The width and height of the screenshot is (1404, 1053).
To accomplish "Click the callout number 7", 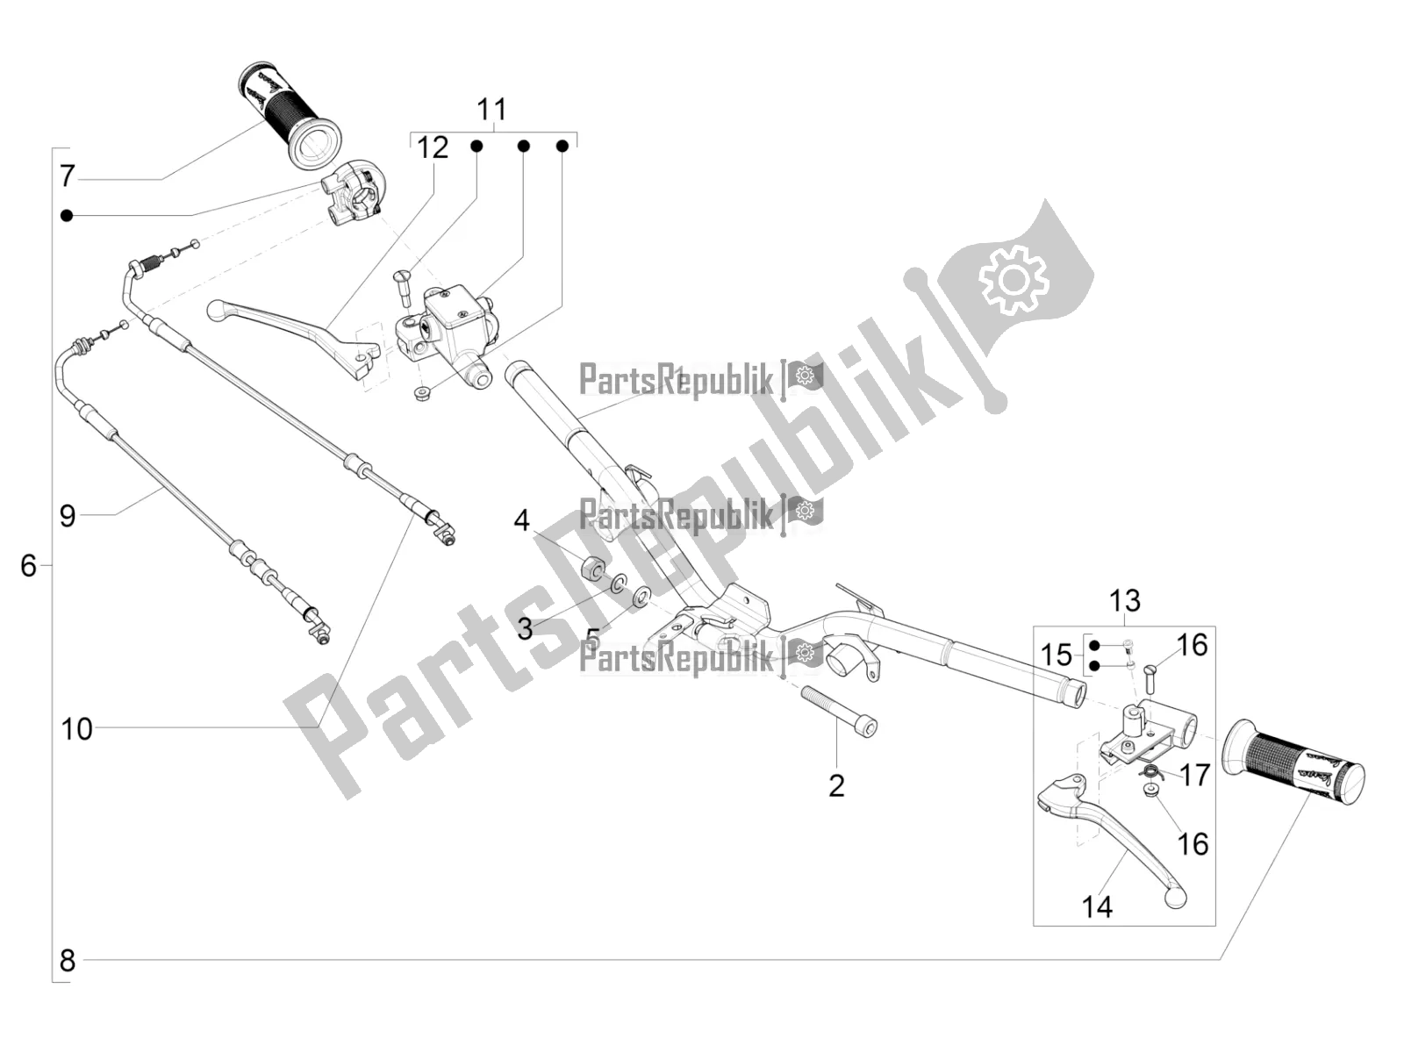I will (x=68, y=175).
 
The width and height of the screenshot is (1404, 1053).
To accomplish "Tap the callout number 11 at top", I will (x=491, y=111).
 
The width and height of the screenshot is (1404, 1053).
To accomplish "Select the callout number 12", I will (x=432, y=147).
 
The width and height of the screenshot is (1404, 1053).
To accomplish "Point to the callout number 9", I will (x=68, y=515).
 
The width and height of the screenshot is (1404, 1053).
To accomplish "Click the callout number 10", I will (x=76, y=728).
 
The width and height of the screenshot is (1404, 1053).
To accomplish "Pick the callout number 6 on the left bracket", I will (x=29, y=566).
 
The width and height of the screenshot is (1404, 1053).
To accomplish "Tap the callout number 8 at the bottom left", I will (x=68, y=961).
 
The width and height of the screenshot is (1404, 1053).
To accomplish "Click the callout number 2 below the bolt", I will (x=836, y=785).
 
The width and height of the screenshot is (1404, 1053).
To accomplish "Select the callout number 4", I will (x=521, y=520).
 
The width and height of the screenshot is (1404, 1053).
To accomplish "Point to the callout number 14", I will (x=1097, y=906).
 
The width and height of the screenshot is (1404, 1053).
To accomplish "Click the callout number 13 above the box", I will (x=1124, y=601).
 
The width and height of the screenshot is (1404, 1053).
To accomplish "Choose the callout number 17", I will (x=1195, y=775).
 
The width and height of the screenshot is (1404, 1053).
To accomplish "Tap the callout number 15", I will (x=1057, y=655).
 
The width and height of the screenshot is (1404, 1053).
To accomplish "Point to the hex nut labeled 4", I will (x=591, y=566).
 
